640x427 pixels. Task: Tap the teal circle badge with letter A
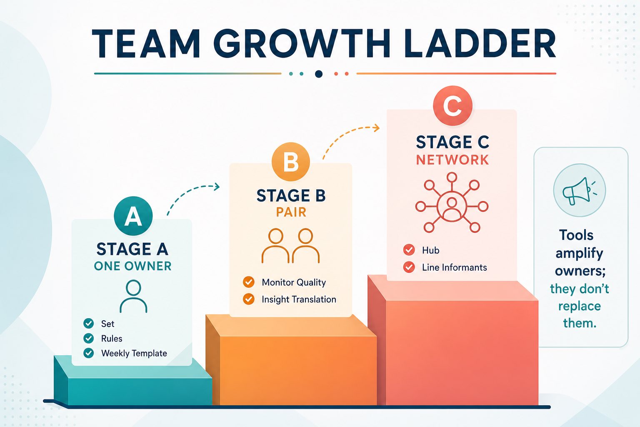pyautogui.click(x=133, y=216)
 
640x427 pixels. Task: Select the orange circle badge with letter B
pyautogui.click(x=290, y=162)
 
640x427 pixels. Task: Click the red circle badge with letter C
pyautogui.click(x=452, y=105)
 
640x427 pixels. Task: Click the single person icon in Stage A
pyautogui.click(x=133, y=296)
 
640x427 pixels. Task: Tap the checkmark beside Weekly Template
pyautogui.click(x=89, y=353)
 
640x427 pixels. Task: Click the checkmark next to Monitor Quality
pyautogui.click(x=249, y=282)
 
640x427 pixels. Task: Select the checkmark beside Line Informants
pyautogui.click(x=409, y=267)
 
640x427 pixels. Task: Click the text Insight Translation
pyautogui.click(x=299, y=299)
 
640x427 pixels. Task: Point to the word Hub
pyautogui.click(x=430, y=250)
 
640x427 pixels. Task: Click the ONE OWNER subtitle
pyautogui.click(x=132, y=266)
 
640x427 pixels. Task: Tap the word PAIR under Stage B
pyautogui.click(x=291, y=212)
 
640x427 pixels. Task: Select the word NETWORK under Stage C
pyautogui.click(x=452, y=160)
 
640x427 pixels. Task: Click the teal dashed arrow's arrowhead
pyautogui.click(x=217, y=187)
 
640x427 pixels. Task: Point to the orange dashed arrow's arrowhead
pyautogui.click(x=377, y=128)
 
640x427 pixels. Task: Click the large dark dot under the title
pyautogui.click(x=319, y=74)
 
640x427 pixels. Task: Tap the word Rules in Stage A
pyautogui.click(x=111, y=339)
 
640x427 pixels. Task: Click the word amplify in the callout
pyautogui.click(x=579, y=254)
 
